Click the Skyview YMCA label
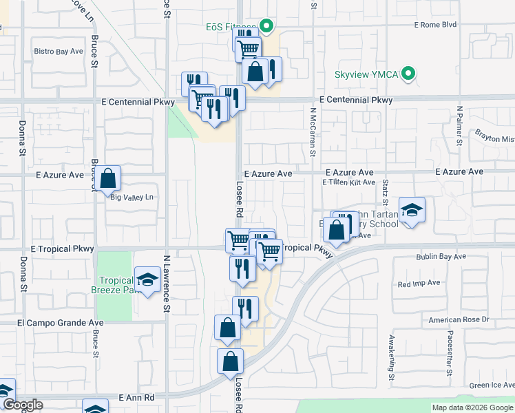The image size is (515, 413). click(x=366, y=74)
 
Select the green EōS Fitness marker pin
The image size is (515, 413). click(x=267, y=28)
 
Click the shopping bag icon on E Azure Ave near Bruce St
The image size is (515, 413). click(x=108, y=178)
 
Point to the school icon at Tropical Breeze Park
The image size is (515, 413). click(x=147, y=279)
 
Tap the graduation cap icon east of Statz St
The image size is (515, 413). click(x=412, y=210)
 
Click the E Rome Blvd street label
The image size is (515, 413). click(x=435, y=25)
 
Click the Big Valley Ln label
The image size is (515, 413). click(x=131, y=198)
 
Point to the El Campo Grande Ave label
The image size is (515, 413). click(x=60, y=322)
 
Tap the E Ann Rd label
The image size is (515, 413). click(x=136, y=398)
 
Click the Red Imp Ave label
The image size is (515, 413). click(x=419, y=283)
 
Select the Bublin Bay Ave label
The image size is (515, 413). click(x=441, y=257)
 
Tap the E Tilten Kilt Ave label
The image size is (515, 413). click(x=348, y=182)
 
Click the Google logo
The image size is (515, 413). click(x=22, y=405)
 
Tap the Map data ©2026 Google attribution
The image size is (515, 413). click(x=472, y=407)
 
